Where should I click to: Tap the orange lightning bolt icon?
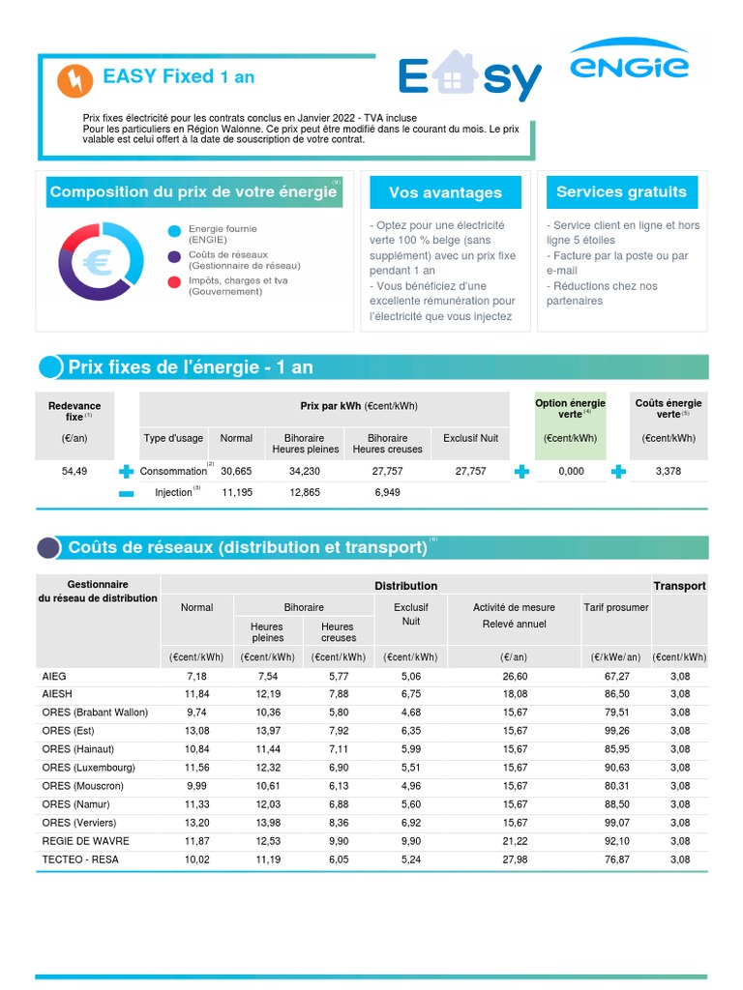(x=75, y=81)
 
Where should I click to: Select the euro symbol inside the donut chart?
(x=98, y=260)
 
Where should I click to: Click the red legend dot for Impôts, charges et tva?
(x=173, y=282)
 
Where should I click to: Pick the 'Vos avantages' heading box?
(x=445, y=192)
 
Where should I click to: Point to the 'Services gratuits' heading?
(x=621, y=191)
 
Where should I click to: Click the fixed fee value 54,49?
(x=74, y=471)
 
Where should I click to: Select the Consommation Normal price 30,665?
(x=236, y=471)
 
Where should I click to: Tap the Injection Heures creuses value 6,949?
(x=387, y=492)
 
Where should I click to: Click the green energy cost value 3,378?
(x=669, y=471)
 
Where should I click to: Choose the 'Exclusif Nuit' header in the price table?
(x=470, y=438)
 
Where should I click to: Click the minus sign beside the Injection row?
(x=126, y=493)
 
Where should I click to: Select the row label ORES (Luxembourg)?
(x=88, y=767)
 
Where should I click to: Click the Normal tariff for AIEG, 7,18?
(x=196, y=676)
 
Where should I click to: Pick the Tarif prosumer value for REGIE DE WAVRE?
(x=616, y=841)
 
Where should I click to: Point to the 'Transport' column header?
(x=679, y=586)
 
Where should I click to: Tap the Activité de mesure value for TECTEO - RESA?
(x=514, y=859)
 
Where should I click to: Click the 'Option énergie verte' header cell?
(x=571, y=409)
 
